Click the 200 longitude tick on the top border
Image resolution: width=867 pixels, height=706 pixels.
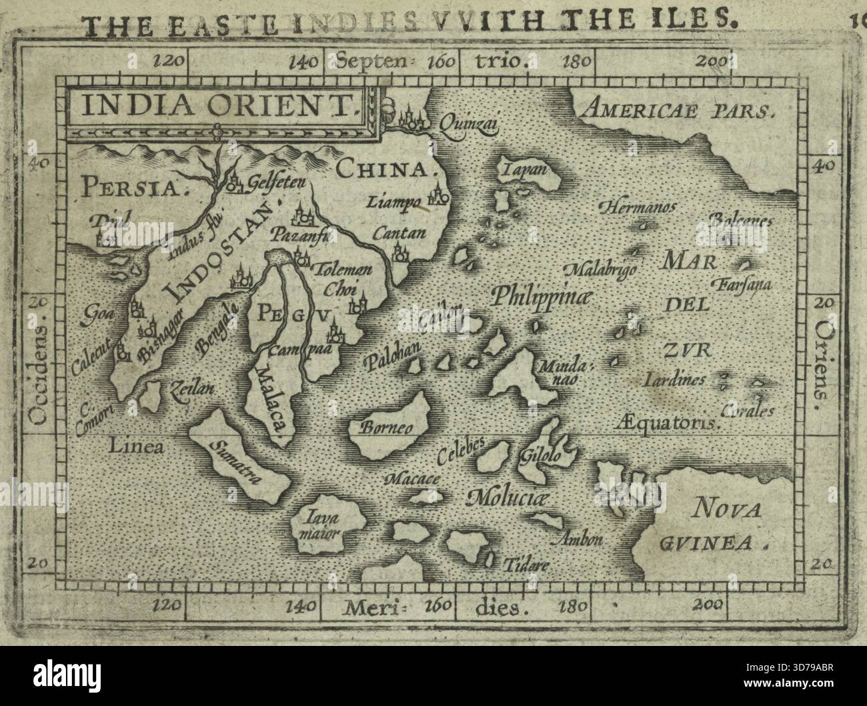716,62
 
